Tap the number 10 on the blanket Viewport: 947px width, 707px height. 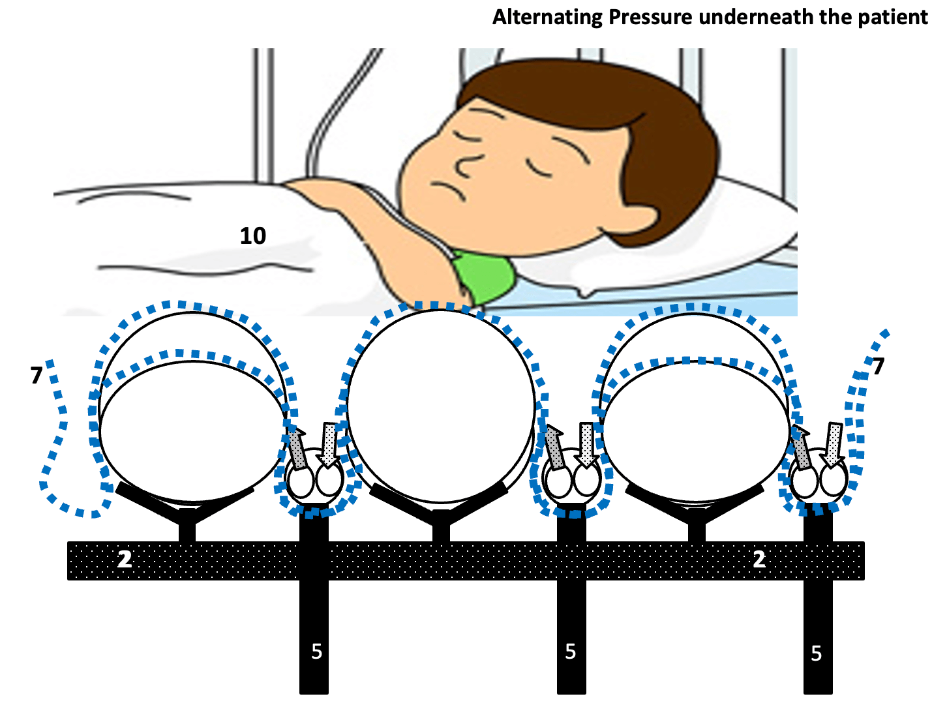(x=253, y=236)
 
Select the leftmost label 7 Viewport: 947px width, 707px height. (x=37, y=375)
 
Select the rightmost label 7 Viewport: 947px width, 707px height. (x=879, y=367)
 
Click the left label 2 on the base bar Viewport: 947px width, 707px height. (x=125, y=560)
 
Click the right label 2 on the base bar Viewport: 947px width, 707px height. (x=759, y=560)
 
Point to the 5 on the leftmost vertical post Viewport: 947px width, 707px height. (x=317, y=652)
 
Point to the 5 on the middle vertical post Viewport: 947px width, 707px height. (x=571, y=652)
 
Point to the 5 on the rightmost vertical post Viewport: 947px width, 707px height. (x=817, y=654)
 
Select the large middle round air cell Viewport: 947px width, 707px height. (x=441, y=406)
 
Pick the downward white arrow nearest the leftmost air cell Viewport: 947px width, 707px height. (x=329, y=445)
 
